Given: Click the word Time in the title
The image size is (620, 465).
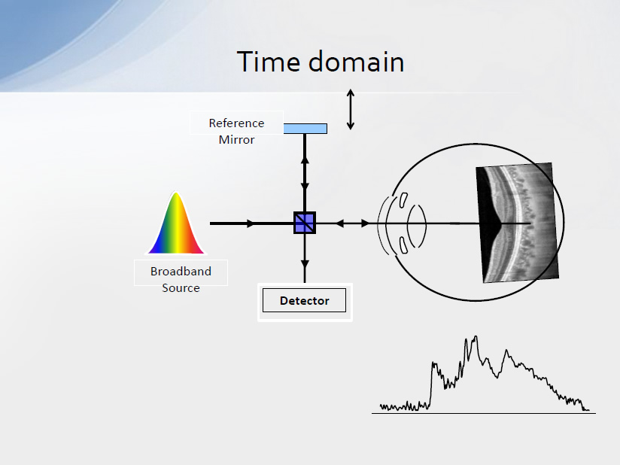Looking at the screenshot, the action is pyautogui.click(x=269, y=62).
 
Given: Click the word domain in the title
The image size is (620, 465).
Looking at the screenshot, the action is pyautogui.click(x=356, y=62).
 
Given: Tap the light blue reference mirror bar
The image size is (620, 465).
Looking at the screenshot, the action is pyautogui.click(x=305, y=129).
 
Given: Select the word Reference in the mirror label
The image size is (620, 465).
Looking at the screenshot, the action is pyautogui.click(x=236, y=123).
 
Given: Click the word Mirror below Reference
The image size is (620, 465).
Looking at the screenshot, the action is pyautogui.click(x=236, y=140).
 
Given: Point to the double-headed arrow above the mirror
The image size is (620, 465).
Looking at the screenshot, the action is pyautogui.click(x=351, y=110).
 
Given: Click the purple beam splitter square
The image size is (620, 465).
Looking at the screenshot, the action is pyautogui.click(x=305, y=223).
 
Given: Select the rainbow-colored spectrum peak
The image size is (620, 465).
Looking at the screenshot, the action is pyautogui.click(x=176, y=223).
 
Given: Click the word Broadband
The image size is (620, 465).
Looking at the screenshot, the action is pyautogui.click(x=181, y=271).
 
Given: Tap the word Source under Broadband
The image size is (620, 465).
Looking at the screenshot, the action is pyautogui.click(x=181, y=288).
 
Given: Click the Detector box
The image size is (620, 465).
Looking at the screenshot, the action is pyautogui.click(x=305, y=300).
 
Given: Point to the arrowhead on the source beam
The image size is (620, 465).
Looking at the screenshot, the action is pyautogui.click(x=251, y=223).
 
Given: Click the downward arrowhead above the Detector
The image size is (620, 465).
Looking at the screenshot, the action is pyautogui.click(x=305, y=265).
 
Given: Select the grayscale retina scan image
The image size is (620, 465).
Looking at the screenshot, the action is pyautogui.click(x=517, y=223).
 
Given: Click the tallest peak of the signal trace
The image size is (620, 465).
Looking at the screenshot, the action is pyautogui.click(x=476, y=336).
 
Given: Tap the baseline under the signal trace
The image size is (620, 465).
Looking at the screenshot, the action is pyautogui.click(x=484, y=413).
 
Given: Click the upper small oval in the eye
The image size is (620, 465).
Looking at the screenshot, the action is pyautogui.click(x=403, y=199).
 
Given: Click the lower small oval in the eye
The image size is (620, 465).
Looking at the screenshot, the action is pyautogui.click(x=403, y=245).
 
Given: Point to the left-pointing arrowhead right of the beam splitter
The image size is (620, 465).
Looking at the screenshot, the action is pyautogui.click(x=339, y=223).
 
